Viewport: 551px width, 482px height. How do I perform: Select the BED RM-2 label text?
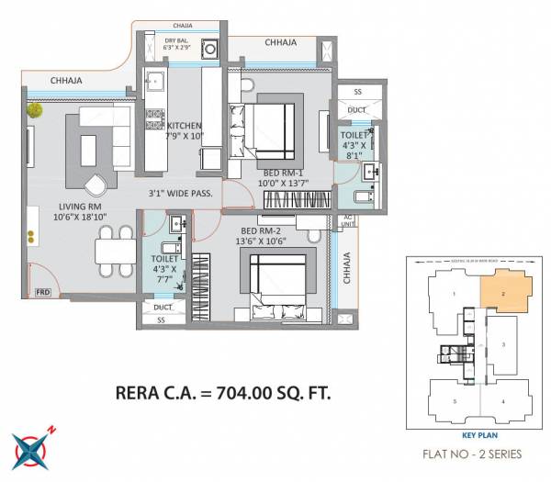tap(265, 230)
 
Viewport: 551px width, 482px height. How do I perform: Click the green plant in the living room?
tap(35, 110)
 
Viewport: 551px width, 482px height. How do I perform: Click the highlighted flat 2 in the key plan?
tap(505, 292)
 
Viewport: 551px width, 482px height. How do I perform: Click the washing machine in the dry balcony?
tap(210, 50)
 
